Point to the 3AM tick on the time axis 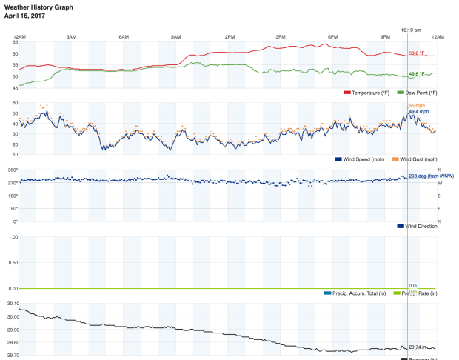click(71, 37)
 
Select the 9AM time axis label click(175, 37)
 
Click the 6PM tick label click(333, 37)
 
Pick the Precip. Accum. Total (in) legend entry click(359, 293)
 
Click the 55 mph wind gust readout click(417, 106)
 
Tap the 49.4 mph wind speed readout click(419, 112)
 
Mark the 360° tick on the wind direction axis click(13, 170)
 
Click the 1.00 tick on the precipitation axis click(13, 237)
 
